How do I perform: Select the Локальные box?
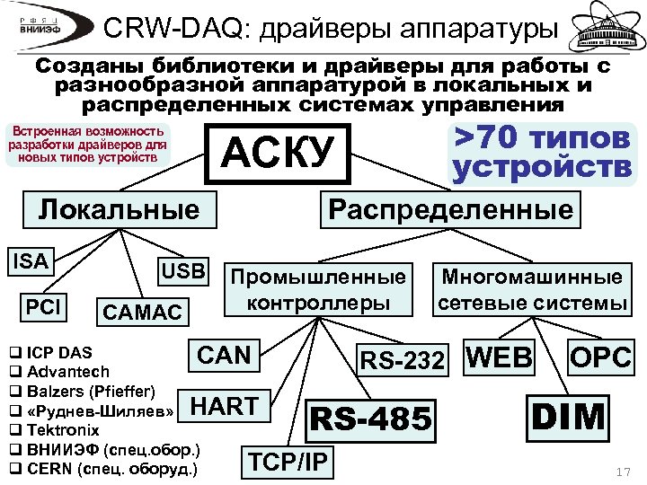click(x=119, y=210)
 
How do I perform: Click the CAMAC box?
click(x=142, y=313)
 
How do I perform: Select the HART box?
click(x=224, y=407)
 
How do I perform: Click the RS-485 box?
click(x=371, y=417)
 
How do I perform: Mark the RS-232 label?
click(x=402, y=360)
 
